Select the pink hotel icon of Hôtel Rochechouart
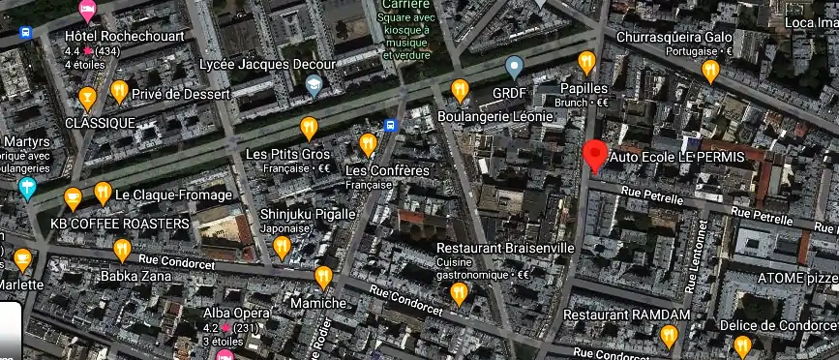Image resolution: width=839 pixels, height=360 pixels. [87, 11]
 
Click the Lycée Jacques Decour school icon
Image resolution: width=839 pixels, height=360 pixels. [314, 86]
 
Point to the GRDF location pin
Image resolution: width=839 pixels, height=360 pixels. [515, 67]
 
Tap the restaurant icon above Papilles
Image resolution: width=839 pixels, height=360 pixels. [586, 63]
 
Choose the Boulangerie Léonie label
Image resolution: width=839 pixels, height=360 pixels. [495, 116]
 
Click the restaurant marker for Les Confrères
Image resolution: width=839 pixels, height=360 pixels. [368, 145]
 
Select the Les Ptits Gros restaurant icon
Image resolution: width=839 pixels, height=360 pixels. [309, 127]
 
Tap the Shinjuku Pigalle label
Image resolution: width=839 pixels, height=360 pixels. [309, 214]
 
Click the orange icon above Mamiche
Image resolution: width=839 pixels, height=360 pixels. [324, 278]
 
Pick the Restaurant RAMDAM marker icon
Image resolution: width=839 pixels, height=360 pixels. [669, 336]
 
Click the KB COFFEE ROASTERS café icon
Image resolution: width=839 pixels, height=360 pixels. [73, 199]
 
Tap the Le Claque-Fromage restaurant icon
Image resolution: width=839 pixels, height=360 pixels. [103, 194]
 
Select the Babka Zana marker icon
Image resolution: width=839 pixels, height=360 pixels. [122, 251]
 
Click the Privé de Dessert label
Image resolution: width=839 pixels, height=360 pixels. [182, 95]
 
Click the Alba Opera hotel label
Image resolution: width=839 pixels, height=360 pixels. [236, 314]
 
